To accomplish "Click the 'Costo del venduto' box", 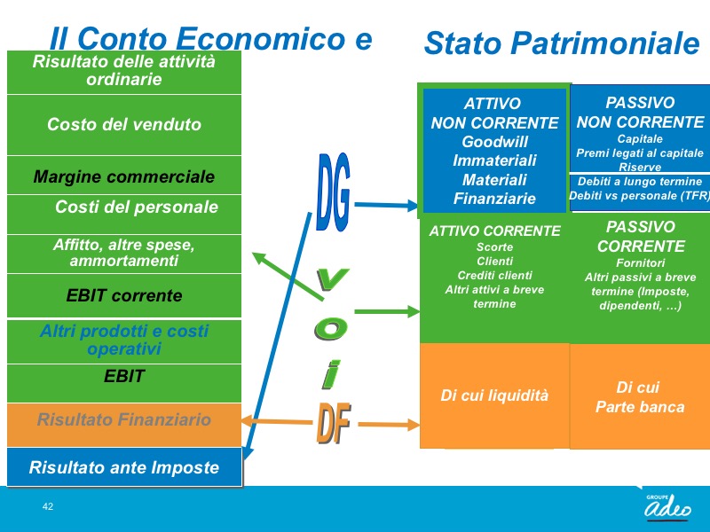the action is [124, 125].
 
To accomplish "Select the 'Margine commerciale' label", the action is [124, 176].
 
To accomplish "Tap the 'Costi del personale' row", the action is [124, 215].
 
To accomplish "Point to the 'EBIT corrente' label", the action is [124, 295].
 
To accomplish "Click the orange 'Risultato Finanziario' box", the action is [124, 425].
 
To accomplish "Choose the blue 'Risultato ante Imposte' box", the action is [124, 467].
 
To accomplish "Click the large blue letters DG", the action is [334, 192].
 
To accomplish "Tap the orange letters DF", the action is [334, 423].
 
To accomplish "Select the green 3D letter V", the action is [332, 278].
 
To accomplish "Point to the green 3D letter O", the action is [331, 328].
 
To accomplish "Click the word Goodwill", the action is [494, 142].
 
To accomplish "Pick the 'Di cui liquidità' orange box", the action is [494, 395].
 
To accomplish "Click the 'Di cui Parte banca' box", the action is [640, 396].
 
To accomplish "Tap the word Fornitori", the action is [640, 262].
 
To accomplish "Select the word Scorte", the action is [494, 247].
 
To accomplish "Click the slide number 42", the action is [48, 506].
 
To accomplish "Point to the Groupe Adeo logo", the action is [668, 506].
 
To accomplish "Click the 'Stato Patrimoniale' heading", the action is [562, 43].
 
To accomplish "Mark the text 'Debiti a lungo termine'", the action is [640, 182].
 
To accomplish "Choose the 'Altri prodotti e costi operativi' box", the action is [124, 341].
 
